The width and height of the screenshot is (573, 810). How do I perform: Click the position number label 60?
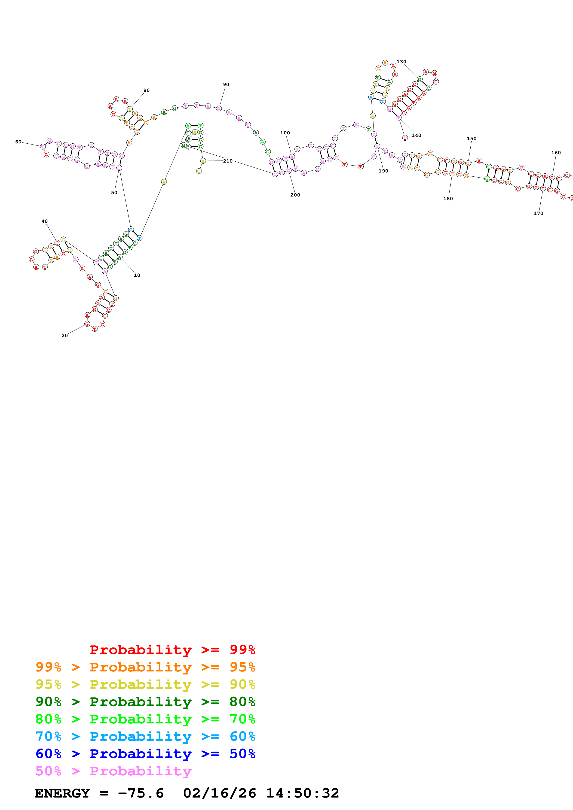[18, 142]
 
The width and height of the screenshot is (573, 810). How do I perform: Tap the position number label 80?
[147, 90]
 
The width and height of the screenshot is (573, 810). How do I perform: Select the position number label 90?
[226, 85]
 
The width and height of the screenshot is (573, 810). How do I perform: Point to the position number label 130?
[401, 62]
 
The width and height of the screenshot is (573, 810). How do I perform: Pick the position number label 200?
[295, 195]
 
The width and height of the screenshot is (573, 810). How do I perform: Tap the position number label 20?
[65, 335]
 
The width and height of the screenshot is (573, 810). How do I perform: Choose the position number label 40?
[44, 221]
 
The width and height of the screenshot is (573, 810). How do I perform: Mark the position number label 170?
[538, 213]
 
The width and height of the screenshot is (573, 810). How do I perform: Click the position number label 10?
[137, 275]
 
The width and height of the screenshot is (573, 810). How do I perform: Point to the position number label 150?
[472, 139]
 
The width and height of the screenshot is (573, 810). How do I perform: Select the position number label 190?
[383, 171]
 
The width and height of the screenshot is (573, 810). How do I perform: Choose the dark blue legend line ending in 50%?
[145, 754]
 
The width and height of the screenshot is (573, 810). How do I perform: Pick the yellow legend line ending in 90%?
[145, 684]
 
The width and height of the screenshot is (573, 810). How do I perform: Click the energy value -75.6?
[141, 793]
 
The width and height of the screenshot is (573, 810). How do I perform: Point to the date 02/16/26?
[219, 793]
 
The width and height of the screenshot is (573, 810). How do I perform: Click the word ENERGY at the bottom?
[62, 793]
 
